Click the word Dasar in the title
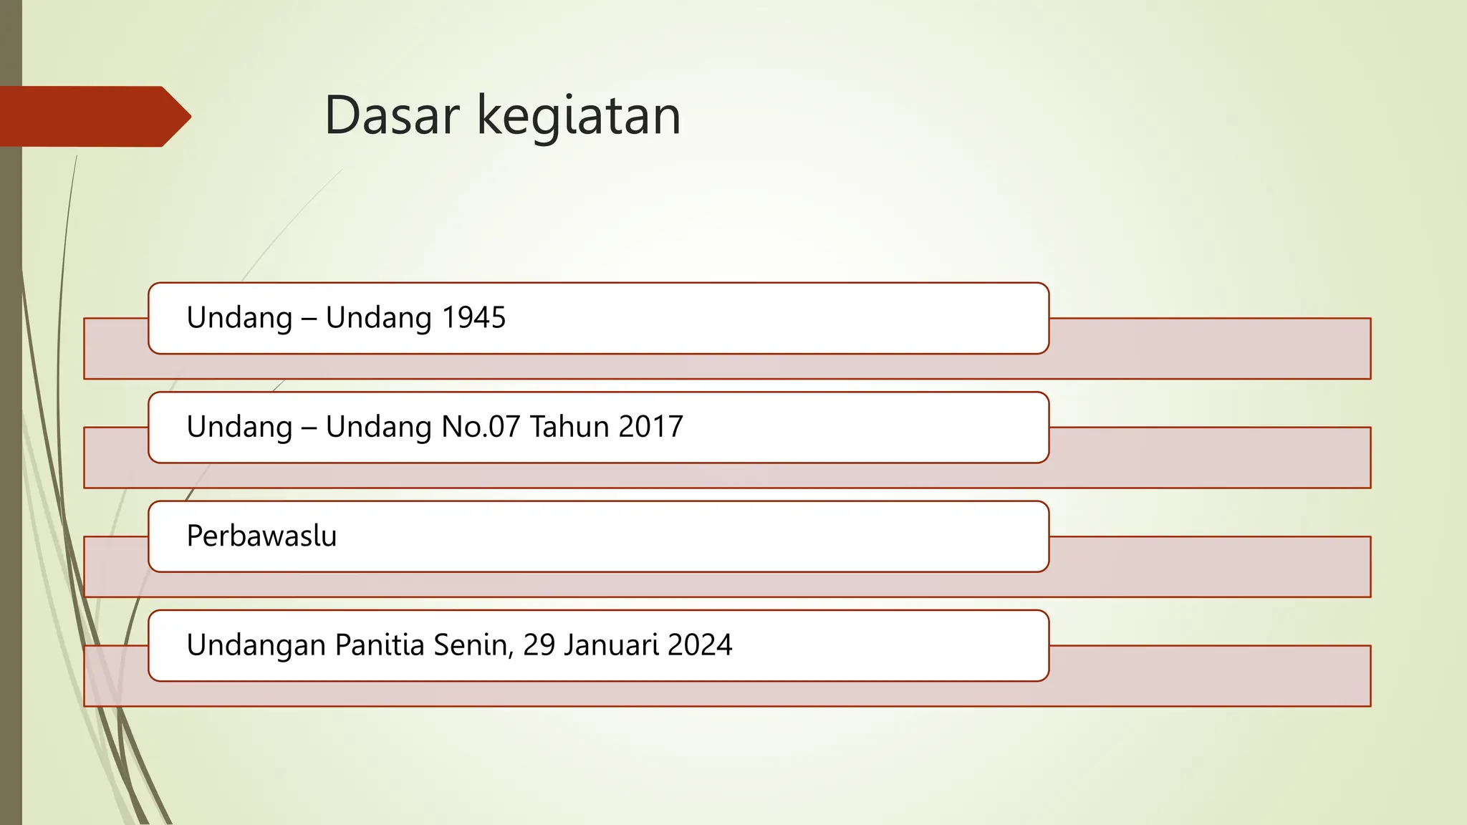tap(391, 115)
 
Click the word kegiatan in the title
tap(579, 117)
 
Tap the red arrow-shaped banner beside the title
tap(93, 117)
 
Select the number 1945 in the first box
tap(473, 318)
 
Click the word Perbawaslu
tap(261, 536)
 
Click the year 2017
tap(650, 427)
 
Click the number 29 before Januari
tap(539, 645)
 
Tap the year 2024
tap(700, 645)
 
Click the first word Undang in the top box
tap(239, 318)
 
